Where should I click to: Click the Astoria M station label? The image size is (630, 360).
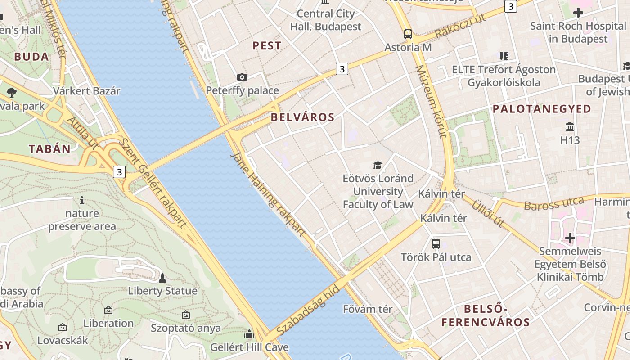pos(408,47)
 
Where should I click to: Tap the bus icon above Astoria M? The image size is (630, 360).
pos(408,34)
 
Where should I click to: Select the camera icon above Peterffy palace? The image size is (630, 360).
pos(242,77)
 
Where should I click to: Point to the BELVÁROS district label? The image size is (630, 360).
pos(303,117)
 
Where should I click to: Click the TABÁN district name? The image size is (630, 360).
pos(50,149)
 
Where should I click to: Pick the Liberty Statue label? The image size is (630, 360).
pos(162,291)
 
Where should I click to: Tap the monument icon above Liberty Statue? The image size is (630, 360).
pos(162,278)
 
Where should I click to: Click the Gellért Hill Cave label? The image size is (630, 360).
pos(249,347)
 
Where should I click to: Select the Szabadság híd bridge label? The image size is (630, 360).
pos(308,310)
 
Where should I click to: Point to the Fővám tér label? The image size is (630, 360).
pos(368,309)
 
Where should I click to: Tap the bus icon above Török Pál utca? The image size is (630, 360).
pos(436,244)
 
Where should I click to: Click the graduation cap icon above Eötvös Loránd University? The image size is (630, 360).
pos(378,165)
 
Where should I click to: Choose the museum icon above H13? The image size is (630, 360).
pos(570,126)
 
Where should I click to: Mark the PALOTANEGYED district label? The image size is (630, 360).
pos(542,109)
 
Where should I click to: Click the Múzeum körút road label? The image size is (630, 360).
pos(431,101)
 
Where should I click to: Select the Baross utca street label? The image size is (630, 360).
pos(554,204)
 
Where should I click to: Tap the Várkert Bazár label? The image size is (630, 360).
pos(87,91)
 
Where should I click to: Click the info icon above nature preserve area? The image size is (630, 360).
pos(82,200)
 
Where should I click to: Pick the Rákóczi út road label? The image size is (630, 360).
pos(461,27)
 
